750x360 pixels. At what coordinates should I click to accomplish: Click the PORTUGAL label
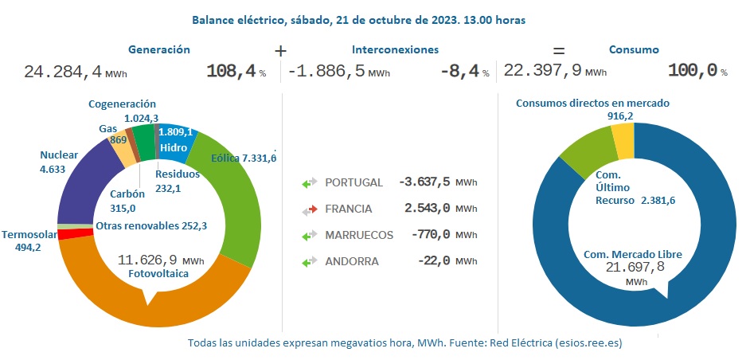coord(354,182)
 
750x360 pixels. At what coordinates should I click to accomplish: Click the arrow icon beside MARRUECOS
coord(310,235)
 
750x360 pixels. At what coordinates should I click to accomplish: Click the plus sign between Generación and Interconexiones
coord(280,50)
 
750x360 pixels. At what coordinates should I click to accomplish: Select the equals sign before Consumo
coord(559,50)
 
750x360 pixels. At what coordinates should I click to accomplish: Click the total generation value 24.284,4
coord(63,72)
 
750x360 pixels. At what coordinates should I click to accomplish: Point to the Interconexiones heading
coord(395,49)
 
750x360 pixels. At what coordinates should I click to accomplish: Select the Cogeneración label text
coord(122,104)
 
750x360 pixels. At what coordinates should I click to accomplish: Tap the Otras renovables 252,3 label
coord(151,226)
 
